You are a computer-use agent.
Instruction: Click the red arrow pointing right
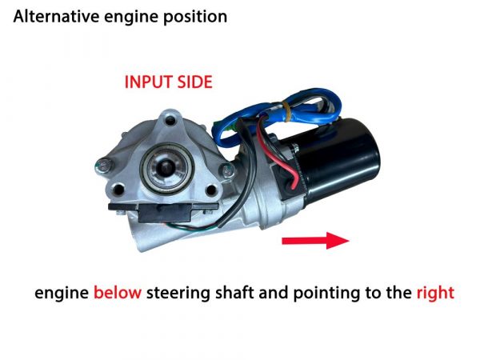pos(315,241)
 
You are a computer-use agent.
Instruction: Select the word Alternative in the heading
pos(56,16)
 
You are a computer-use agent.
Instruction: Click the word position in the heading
pos(195,18)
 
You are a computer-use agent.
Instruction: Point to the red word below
pos(118,292)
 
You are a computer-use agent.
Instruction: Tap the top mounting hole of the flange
pos(170,120)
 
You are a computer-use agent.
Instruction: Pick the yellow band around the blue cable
pos(286,111)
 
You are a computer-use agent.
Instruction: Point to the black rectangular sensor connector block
pos(164,211)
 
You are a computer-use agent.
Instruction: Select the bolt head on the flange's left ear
pos(104,166)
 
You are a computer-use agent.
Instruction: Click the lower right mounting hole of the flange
pos(211,190)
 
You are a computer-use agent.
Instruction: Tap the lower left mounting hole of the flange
pos(118,190)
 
